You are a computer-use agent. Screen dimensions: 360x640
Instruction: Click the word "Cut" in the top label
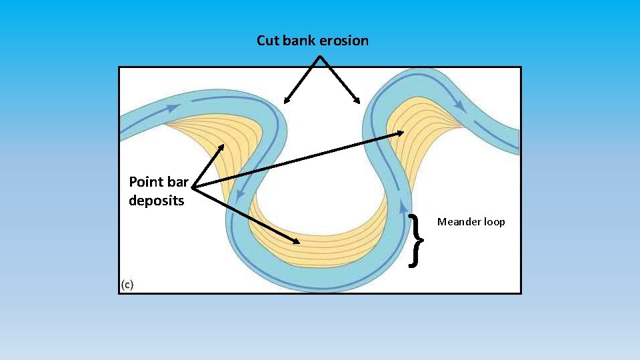[x=268, y=41]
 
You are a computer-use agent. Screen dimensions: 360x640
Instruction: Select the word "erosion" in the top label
[x=344, y=41]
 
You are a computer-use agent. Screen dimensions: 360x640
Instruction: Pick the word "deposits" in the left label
[x=156, y=200]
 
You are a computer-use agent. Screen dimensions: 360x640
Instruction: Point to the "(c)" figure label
[x=127, y=285]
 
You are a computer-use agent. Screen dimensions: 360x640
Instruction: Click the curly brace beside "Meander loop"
[x=416, y=241]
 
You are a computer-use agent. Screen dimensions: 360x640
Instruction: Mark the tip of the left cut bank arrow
[x=285, y=103]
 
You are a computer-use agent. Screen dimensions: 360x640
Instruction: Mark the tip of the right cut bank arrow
[x=359, y=103]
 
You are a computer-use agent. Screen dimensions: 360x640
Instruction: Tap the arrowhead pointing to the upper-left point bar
[x=223, y=143]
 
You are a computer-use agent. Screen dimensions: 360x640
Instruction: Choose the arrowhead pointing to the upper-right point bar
[x=403, y=133]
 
